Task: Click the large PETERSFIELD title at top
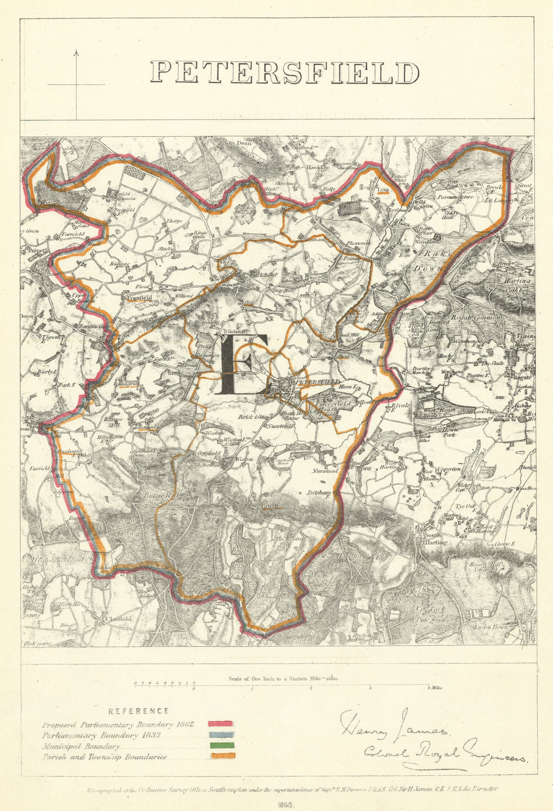point(285,73)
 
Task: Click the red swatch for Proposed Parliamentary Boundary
point(220,723)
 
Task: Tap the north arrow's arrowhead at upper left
point(76,52)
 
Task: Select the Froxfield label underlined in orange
point(140,300)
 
